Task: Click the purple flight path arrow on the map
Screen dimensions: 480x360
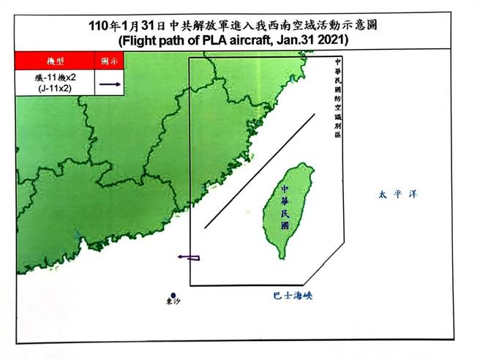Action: coord(189,257)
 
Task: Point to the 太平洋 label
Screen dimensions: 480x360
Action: coord(391,195)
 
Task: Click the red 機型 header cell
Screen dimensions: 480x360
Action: coord(56,60)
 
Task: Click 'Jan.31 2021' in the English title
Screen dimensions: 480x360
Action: coord(310,38)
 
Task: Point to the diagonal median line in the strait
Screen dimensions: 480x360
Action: coord(260,170)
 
